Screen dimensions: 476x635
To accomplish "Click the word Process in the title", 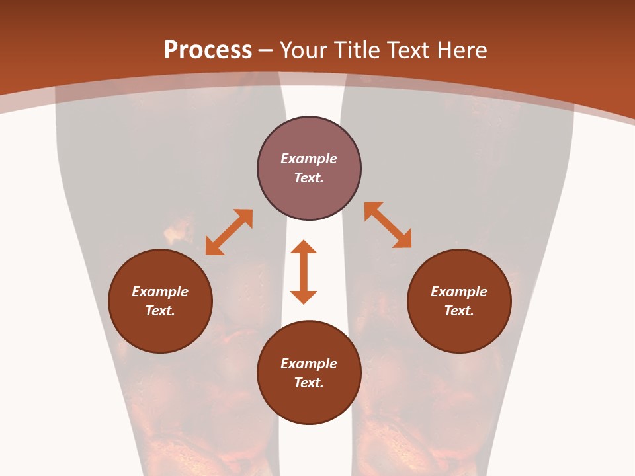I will [208, 50].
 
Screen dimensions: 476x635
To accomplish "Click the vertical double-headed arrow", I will [304, 272].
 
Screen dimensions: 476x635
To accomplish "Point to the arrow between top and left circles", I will [229, 232].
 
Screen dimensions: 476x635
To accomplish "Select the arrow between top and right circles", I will [388, 225].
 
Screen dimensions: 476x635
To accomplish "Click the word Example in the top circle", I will [309, 159].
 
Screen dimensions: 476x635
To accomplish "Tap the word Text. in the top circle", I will [309, 178].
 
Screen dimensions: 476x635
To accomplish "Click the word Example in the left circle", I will [160, 292].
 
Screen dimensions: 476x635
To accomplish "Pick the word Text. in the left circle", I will [160, 311].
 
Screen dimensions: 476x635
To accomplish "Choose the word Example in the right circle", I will [459, 292].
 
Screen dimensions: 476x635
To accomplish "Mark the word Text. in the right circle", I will [459, 311].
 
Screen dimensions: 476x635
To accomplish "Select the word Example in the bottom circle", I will [309, 364].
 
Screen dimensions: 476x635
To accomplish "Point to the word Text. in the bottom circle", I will [309, 383].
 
